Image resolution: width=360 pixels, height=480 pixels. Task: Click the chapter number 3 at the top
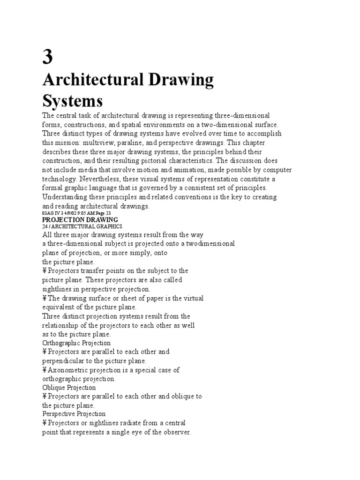[48, 57]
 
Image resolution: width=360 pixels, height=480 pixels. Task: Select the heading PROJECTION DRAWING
[80, 219]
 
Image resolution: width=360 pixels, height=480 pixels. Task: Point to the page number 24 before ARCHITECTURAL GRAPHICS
[45, 226]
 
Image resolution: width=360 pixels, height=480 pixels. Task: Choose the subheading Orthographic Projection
[76, 343]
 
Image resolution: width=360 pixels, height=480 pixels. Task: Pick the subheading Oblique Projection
[69, 388]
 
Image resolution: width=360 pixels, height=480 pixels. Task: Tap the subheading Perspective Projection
[74, 414]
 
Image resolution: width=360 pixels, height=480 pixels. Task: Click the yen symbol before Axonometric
[45, 370]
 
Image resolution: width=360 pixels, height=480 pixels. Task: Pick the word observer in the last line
[176, 432]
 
